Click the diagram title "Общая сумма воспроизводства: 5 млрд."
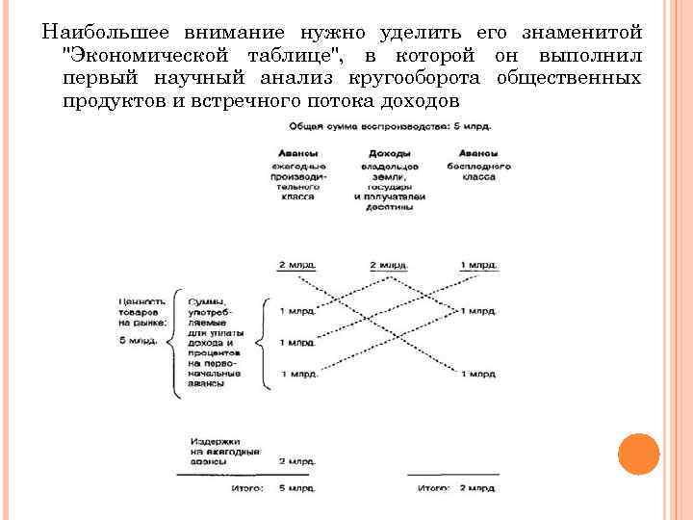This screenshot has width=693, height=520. click(x=381, y=127)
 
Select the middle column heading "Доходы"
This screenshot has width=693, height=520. click(x=389, y=154)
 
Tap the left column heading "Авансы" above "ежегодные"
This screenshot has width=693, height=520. click(x=295, y=154)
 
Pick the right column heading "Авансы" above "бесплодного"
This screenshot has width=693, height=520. click(x=476, y=154)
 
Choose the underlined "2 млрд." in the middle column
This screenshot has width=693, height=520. click(x=389, y=264)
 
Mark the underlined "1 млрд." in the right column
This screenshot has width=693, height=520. click(x=478, y=264)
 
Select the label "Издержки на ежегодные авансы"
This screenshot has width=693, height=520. click(x=223, y=449)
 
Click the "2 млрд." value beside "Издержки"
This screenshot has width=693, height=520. click(x=295, y=461)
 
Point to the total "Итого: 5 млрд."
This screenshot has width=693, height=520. click(x=271, y=487)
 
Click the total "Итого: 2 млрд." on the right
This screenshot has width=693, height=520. click(x=456, y=487)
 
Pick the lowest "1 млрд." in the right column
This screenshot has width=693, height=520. click(x=478, y=374)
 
